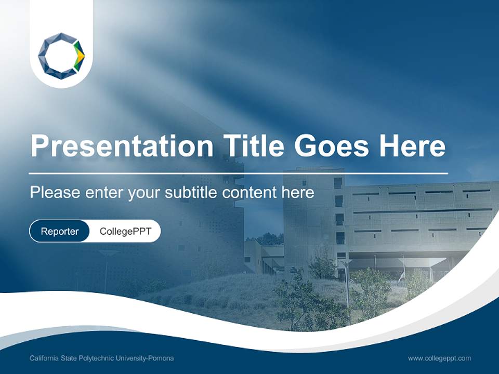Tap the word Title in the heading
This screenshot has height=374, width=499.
pyautogui.click(x=254, y=146)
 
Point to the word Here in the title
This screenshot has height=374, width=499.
pyautogui.click(x=412, y=146)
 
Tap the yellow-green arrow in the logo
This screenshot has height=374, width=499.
pyautogui.click(x=78, y=56)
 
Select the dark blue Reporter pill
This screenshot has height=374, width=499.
pyautogui.click(x=59, y=231)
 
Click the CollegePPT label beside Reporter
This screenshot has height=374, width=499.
pyautogui.click(x=125, y=231)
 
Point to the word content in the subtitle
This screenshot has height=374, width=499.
pyautogui.click(x=249, y=193)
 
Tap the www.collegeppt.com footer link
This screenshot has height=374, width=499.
pyautogui.click(x=439, y=358)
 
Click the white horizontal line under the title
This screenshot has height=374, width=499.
pyautogui.click(x=239, y=173)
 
